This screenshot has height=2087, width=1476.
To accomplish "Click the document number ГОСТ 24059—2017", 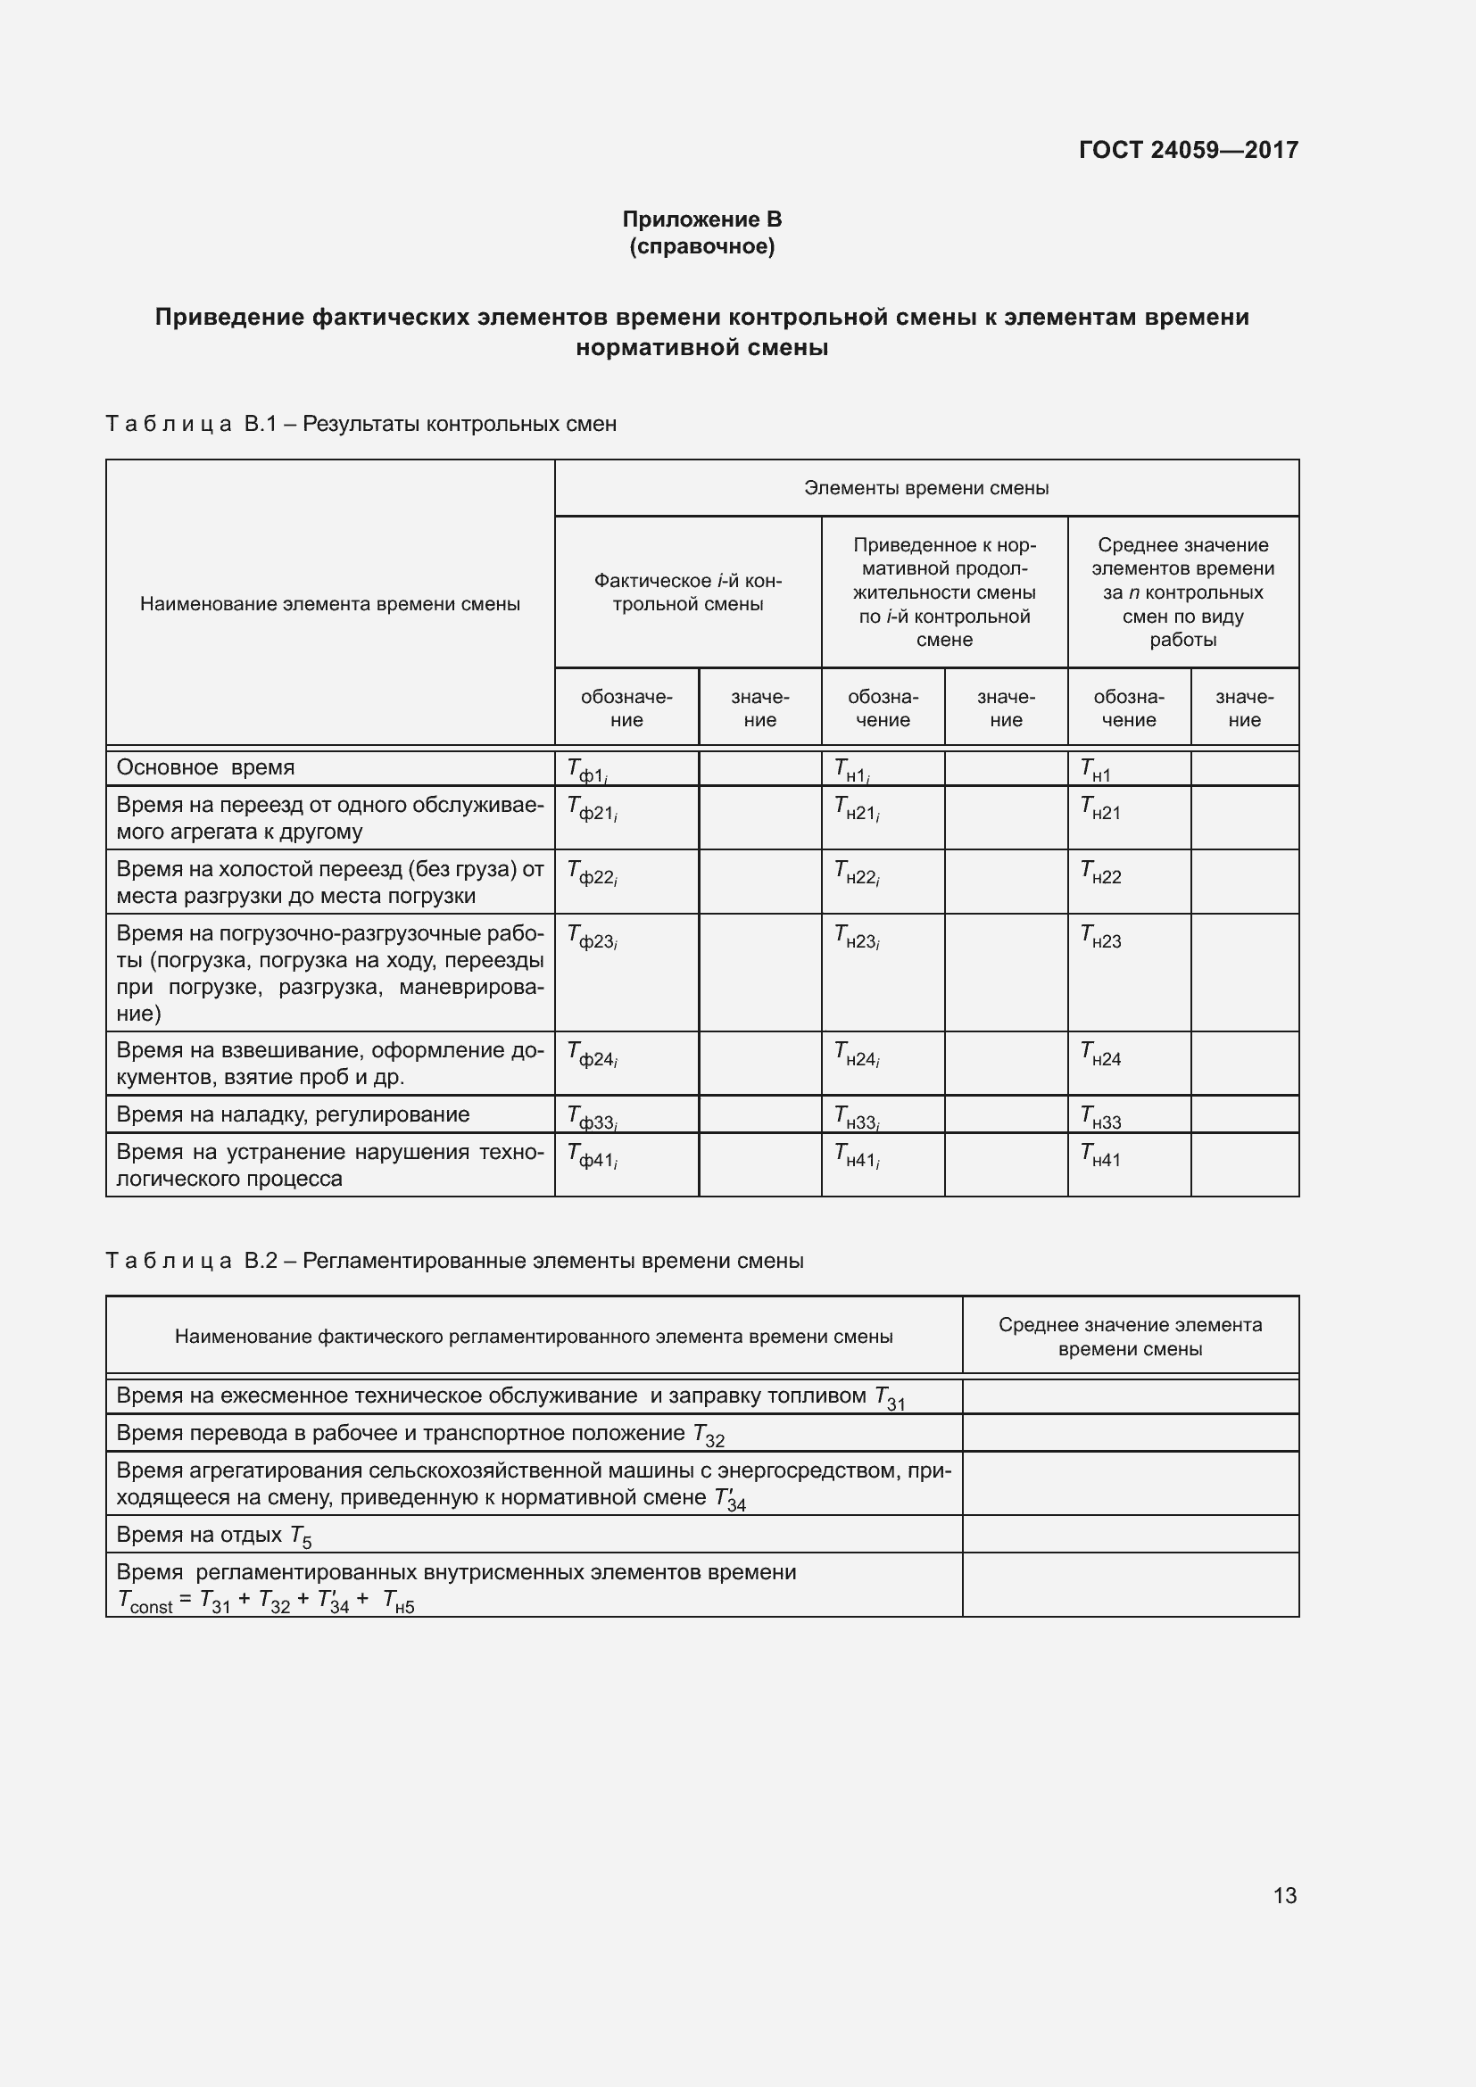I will pyautogui.click(x=1188, y=150).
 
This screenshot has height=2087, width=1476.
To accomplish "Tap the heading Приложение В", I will pyautogui.click(x=701, y=219).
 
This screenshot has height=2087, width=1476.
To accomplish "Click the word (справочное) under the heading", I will pyautogui.click(x=701, y=246).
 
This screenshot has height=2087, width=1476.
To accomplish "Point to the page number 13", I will pyautogui.click(x=1284, y=1895).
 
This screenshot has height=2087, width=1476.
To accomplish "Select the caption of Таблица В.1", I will pyautogui.click(x=361, y=424).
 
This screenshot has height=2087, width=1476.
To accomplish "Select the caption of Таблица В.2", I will pyautogui.click(x=454, y=1261).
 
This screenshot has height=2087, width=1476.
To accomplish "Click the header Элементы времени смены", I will pyautogui.click(x=926, y=488).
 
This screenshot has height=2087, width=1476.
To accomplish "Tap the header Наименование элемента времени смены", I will pyautogui.click(x=330, y=604).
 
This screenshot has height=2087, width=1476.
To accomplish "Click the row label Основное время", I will pyautogui.click(x=205, y=767).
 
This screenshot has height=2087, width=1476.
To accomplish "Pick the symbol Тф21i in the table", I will pyautogui.click(x=593, y=808).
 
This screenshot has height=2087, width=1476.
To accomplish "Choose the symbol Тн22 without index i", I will pyautogui.click(x=1100, y=873).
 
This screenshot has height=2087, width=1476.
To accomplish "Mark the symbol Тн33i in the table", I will pyautogui.click(x=856, y=1117).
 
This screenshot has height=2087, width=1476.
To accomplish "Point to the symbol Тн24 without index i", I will pyautogui.click(x=1100, y=1055).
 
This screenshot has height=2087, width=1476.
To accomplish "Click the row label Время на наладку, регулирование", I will pyautogui.click(x=293, y=1114).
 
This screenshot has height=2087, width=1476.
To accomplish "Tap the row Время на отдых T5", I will pyautogui.click(x=213, y=1536).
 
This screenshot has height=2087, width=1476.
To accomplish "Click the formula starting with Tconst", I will pyautogui.click(x=266, y=1602).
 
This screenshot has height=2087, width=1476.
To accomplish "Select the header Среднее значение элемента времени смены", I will pyautogui.click(x=1130, y=1337).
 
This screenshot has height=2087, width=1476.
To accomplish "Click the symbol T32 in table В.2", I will pyautogui.click(x=709, y=1436).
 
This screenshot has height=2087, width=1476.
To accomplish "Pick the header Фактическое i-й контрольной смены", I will pyautogui.click(x=687, y=592).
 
